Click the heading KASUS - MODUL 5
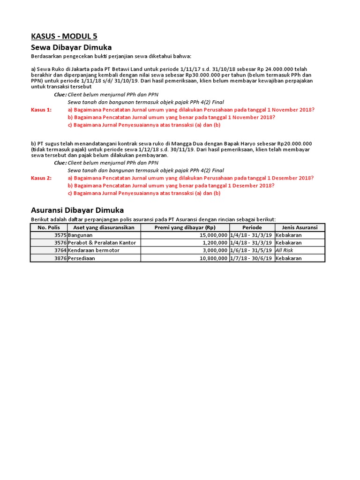pos(64,37)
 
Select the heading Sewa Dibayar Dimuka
pos(71,47)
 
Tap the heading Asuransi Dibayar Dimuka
pos(77,210)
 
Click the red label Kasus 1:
pos(41,110)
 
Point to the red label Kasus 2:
pos(41,178)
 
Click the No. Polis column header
pos(49,227)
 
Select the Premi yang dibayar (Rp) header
pos(185,227)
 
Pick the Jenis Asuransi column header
pos(300,227)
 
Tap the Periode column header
pos(252,227)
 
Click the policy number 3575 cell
pos(60,235)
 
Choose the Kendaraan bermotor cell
pos(94,251)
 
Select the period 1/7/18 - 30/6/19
pos(252,258)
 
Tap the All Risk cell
pos(285,251)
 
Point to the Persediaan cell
pos(82,258)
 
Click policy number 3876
pos(60,258)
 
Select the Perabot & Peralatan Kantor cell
pos(102,243)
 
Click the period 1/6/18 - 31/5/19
pos(252,251)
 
